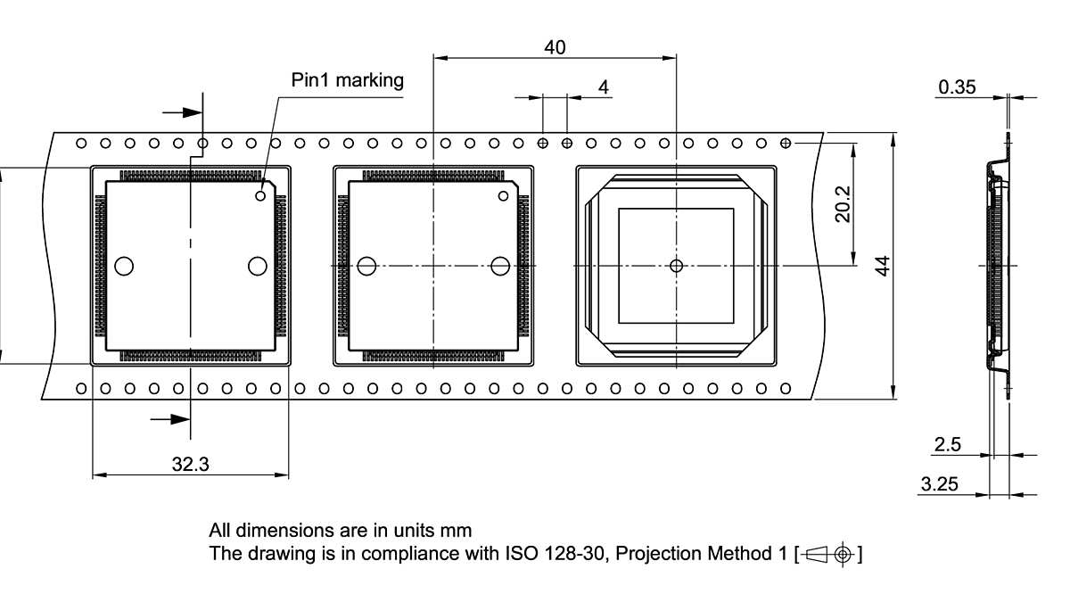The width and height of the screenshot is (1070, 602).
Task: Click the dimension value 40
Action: (x=555, y=47)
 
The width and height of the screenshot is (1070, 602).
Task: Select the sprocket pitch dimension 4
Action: (x=604, y=87)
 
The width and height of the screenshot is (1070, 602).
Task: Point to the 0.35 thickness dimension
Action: (x=957, y=87)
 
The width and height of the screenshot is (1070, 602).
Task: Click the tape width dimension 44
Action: (x=882, y=266)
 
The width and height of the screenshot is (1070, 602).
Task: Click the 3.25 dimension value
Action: (x=939, y=484)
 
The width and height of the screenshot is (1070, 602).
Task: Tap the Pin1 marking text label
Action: (x=348, y=80)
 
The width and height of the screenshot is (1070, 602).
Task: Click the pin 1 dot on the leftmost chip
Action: (x=261, y=195)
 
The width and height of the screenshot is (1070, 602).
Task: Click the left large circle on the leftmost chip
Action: (x=124, y=266)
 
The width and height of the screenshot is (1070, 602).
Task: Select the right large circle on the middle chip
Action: (x=500, y=266)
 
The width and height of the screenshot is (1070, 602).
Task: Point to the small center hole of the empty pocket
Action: (x=676, y=266)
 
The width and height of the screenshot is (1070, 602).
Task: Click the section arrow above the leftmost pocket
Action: (x=183, y=112)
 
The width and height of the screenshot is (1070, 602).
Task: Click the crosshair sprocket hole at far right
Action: (x=786, y=143)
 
